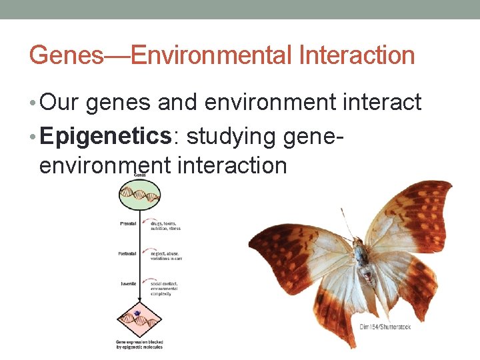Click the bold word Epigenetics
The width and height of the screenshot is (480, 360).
(x=106, y=136)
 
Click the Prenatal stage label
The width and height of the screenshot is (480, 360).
(x=128, y=224)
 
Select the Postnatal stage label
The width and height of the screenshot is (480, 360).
(x=127, y=253)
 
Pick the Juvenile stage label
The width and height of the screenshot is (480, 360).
(x=128, y=283)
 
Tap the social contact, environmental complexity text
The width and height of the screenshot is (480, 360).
(x=164, y=288)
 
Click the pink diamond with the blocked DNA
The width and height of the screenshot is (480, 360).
(x=139, y=316)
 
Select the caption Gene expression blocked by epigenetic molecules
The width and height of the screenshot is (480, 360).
(x=139, y=344)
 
